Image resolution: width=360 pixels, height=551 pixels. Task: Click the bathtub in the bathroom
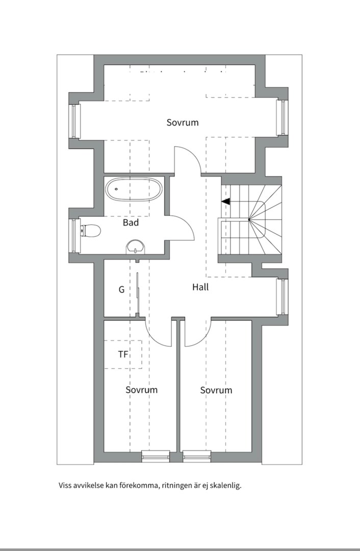pos(135,191)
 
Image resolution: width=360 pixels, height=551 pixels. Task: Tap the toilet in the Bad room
pos(91,231)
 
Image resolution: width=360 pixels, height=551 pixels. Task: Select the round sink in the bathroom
pos(135,247)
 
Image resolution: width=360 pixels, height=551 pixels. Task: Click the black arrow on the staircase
pos(225,202)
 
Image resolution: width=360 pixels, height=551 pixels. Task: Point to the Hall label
pos(200,287)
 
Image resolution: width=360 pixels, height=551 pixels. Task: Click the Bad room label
pos(131,222)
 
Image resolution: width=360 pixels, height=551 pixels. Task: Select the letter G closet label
pos(121,290)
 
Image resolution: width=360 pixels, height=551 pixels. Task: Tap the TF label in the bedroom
pos(123,354)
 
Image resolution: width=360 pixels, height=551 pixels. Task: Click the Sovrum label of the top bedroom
pos(183,122)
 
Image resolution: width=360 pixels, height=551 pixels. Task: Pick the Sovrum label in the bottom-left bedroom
pos(142,390)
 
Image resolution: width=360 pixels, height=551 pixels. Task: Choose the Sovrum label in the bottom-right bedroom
pos(216,390)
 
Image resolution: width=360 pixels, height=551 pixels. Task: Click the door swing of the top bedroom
pos(187,159)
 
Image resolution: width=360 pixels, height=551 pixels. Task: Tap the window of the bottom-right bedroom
pos(197,455)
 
